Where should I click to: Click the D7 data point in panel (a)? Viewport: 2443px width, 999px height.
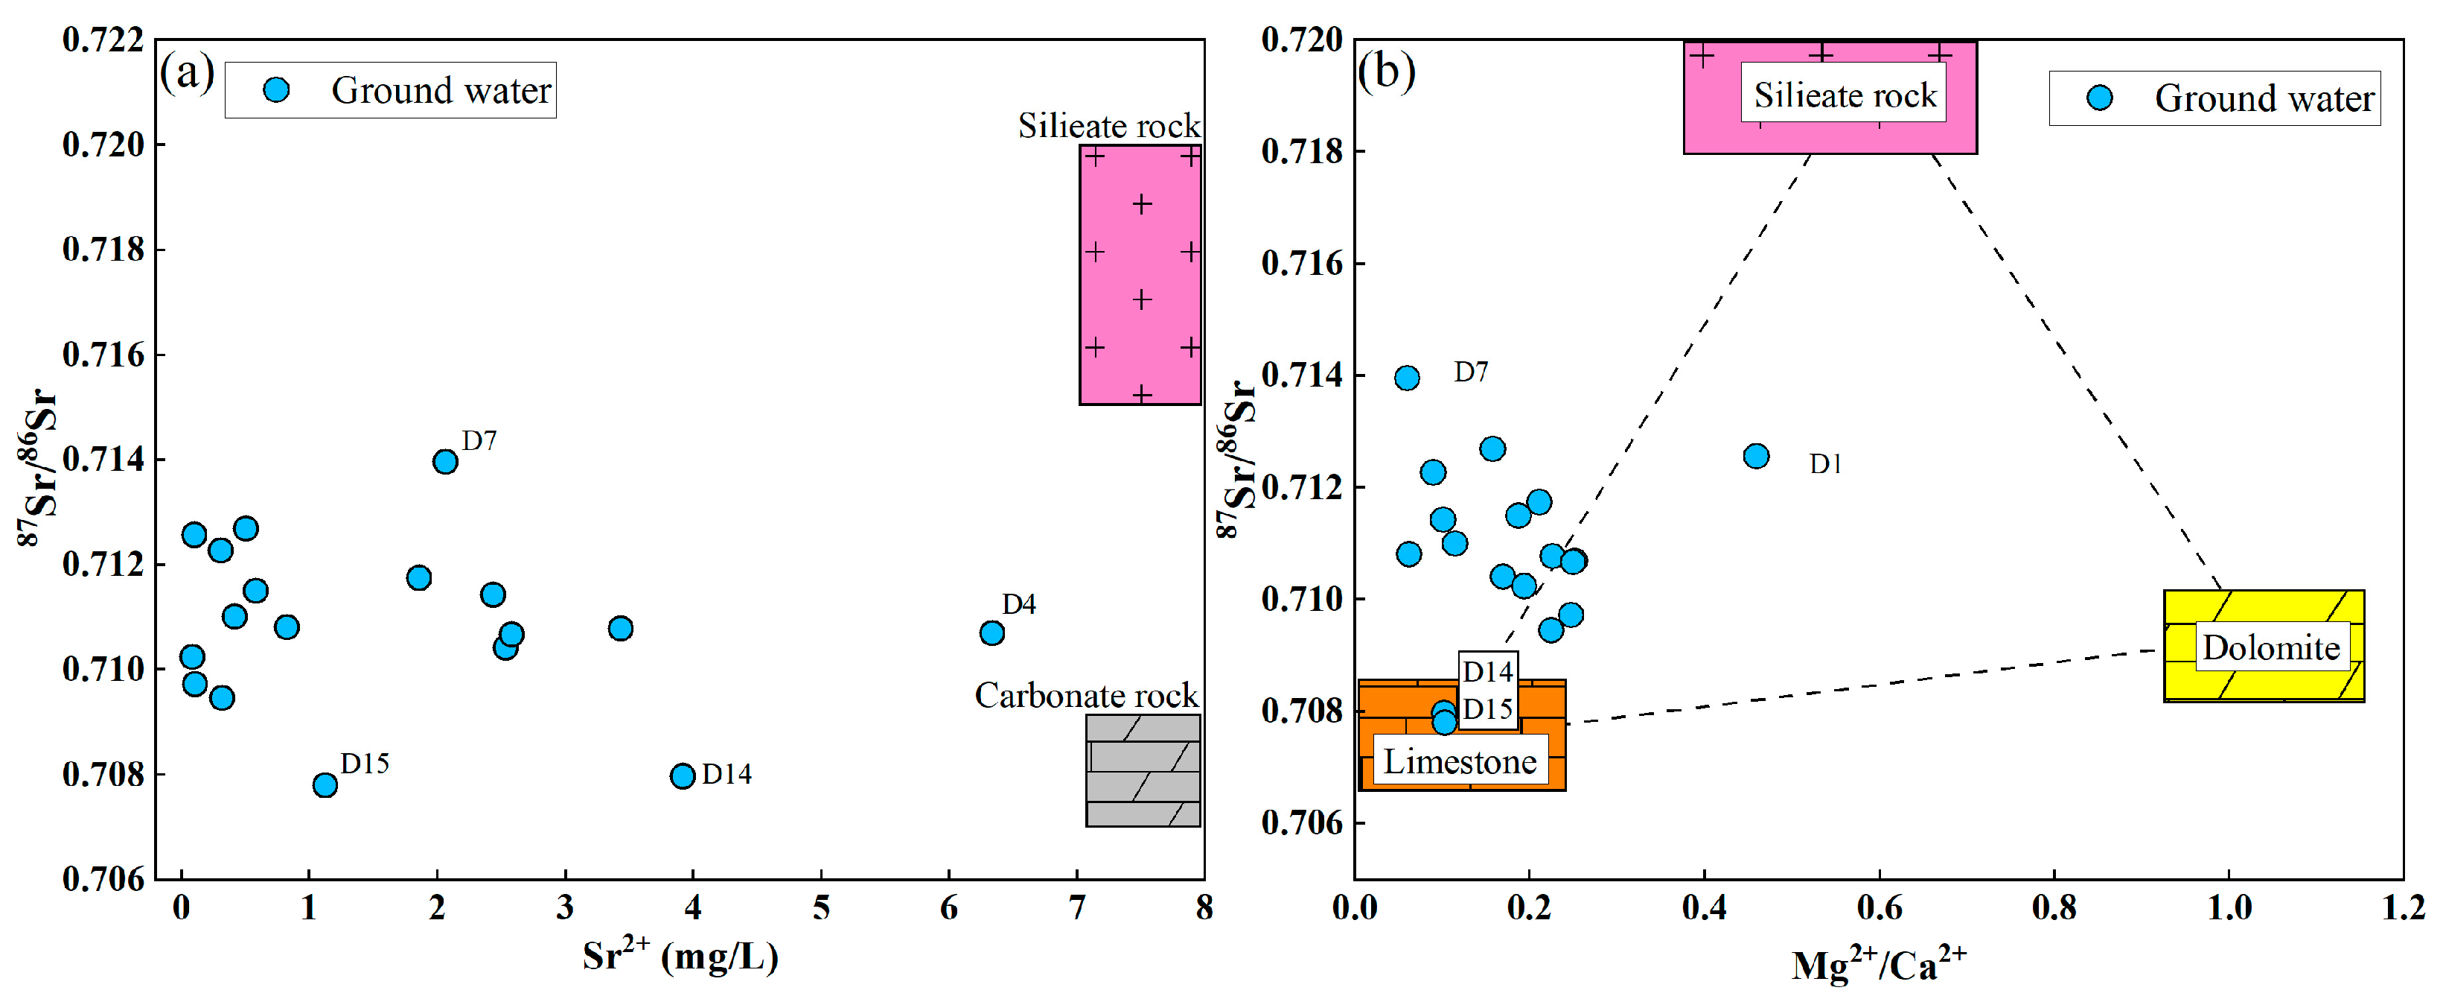[x=445, y=462]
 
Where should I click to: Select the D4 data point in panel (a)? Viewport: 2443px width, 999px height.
[x=991, y=632]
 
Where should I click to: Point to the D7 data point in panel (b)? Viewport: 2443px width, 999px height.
[x=1406, y=378]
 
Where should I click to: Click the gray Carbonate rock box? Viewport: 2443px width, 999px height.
[x=1143, y=770]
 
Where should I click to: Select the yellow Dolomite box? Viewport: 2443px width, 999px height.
[x=2263, y=646]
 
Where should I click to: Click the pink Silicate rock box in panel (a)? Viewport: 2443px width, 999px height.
[x=1140, y=275]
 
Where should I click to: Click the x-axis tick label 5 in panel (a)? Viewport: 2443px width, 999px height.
[x=820, y=909]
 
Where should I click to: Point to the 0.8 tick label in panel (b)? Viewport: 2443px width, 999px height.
[x=2053, y=909]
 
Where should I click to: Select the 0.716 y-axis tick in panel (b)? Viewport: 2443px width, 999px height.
[x=1301, y=263]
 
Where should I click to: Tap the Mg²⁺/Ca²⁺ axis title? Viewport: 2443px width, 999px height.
[x=1878, y=965]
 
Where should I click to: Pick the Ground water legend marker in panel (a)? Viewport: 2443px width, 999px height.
[x=276, y=90]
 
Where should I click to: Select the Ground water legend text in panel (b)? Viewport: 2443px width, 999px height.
[x=2264, y=98]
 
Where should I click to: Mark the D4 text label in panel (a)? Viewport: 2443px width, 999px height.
[x=1018, y=604]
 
